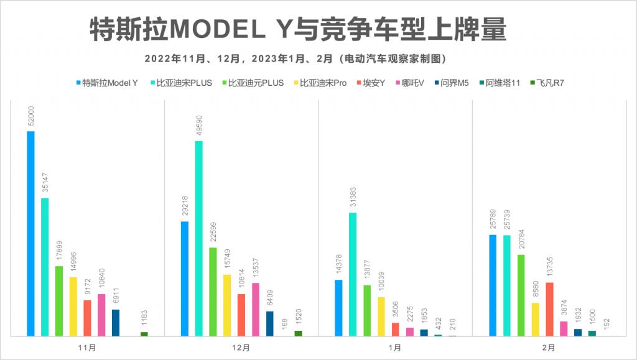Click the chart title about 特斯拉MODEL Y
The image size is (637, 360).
297,29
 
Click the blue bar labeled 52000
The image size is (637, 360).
30,233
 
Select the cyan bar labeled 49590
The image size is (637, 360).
198,238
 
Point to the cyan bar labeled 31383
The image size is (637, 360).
353,274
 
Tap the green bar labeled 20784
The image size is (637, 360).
521,295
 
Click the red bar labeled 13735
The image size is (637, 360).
549,309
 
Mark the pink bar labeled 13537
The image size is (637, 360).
256,310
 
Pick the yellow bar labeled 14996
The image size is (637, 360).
73,307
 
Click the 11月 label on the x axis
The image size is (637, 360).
88,348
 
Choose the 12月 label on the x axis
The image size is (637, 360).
241,348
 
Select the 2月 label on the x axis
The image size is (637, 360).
549,348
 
